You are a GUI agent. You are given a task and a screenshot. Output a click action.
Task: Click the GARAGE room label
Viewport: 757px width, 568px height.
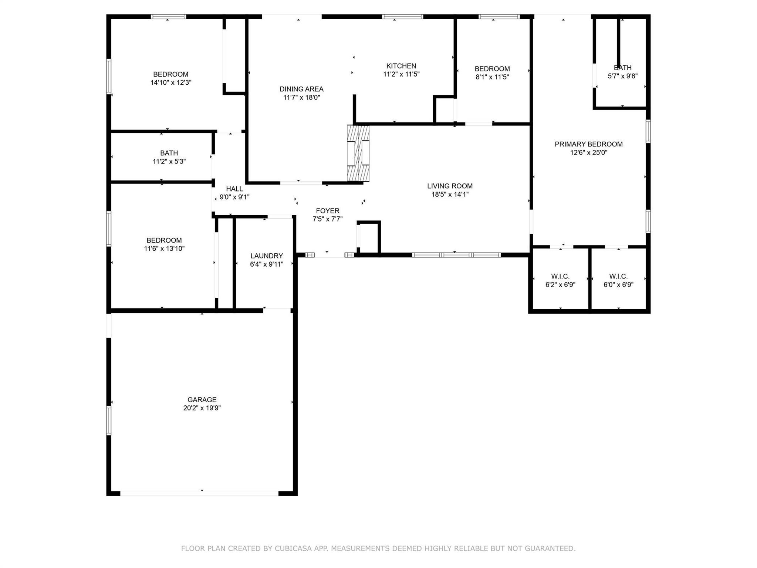point(202,400)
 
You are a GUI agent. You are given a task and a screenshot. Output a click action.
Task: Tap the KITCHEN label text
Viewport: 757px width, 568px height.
point(401,66)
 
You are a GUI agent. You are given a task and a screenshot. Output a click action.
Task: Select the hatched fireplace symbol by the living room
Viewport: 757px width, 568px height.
point(358,153)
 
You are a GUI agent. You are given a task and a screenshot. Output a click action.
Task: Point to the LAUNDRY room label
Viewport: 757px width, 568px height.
point(267,256)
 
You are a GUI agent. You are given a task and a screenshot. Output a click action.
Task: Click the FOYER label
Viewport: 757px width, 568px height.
point(328,211)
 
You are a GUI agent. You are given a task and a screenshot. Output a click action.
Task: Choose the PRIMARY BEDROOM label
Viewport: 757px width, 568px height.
point(589,144)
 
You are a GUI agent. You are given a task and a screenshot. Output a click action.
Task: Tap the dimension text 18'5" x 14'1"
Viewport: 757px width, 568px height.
point(450,195)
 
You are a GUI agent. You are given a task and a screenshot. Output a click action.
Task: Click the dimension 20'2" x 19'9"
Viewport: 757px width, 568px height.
point(202,408)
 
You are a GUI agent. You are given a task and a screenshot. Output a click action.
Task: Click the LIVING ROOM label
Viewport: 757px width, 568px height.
point(450,186)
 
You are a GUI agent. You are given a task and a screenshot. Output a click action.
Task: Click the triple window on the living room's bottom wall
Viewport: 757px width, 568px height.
point(456,255)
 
